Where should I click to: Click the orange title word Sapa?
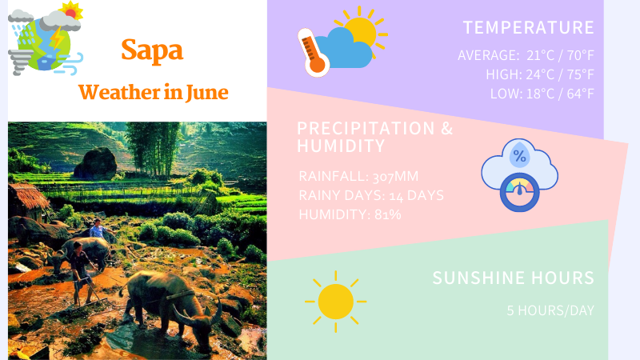coord(152,50)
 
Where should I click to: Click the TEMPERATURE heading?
coord(528,27)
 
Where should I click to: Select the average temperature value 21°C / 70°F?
coord(560,55)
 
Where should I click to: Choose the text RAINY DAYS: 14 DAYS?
coord(371,195)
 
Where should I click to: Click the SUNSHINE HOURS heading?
coord(513,278)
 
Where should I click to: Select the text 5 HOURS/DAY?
coord(550,310)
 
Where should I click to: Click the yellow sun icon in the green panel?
coord(335,302)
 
